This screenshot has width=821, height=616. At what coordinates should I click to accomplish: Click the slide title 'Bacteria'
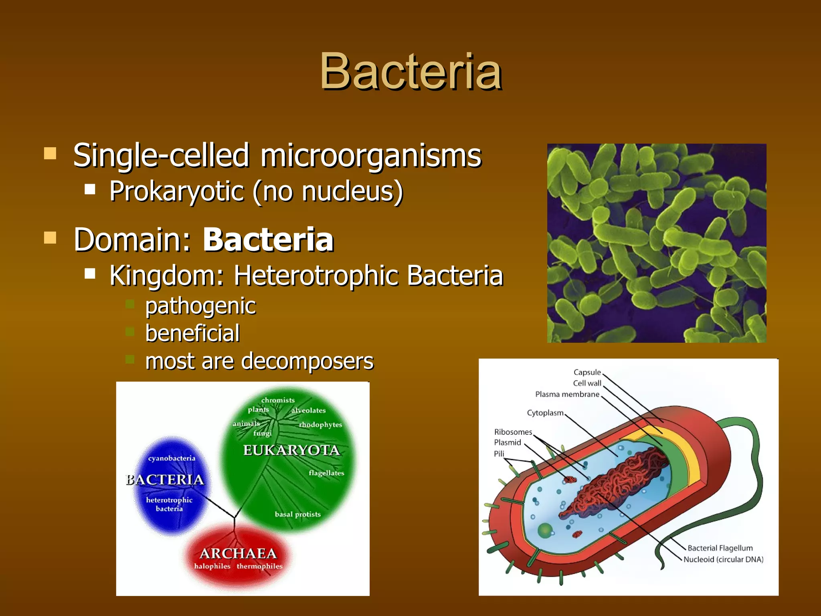(410, 72)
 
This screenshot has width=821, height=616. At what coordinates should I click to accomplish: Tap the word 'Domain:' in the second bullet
(133, 240)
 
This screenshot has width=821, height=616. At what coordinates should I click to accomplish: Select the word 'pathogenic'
(200, 306)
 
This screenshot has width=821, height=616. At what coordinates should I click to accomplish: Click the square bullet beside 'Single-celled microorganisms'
(50, 153)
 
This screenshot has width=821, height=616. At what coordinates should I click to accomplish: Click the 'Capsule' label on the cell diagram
(587, 372)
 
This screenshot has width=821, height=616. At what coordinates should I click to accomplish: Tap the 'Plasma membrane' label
(567, 394)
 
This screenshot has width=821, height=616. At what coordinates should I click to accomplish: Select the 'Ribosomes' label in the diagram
(513, 432)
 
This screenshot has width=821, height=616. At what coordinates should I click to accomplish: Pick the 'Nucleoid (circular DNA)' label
(723, 559)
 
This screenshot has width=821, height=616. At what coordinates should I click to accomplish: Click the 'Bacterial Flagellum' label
(720, 548)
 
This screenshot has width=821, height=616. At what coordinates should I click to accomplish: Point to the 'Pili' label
(499, 454)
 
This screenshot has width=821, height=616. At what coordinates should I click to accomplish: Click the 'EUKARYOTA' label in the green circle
(291, 450)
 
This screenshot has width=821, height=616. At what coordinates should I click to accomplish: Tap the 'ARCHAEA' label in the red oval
(238, 553)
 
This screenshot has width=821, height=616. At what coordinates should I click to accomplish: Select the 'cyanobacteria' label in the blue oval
(172, 458)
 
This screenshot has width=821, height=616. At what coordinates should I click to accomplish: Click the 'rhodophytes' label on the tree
(320, 425)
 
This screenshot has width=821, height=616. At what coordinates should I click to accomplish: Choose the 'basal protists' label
(297, 514)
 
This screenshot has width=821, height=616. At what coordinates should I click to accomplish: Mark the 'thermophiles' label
(259, 566)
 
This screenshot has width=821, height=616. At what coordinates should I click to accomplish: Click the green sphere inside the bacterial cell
(545, 530)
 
